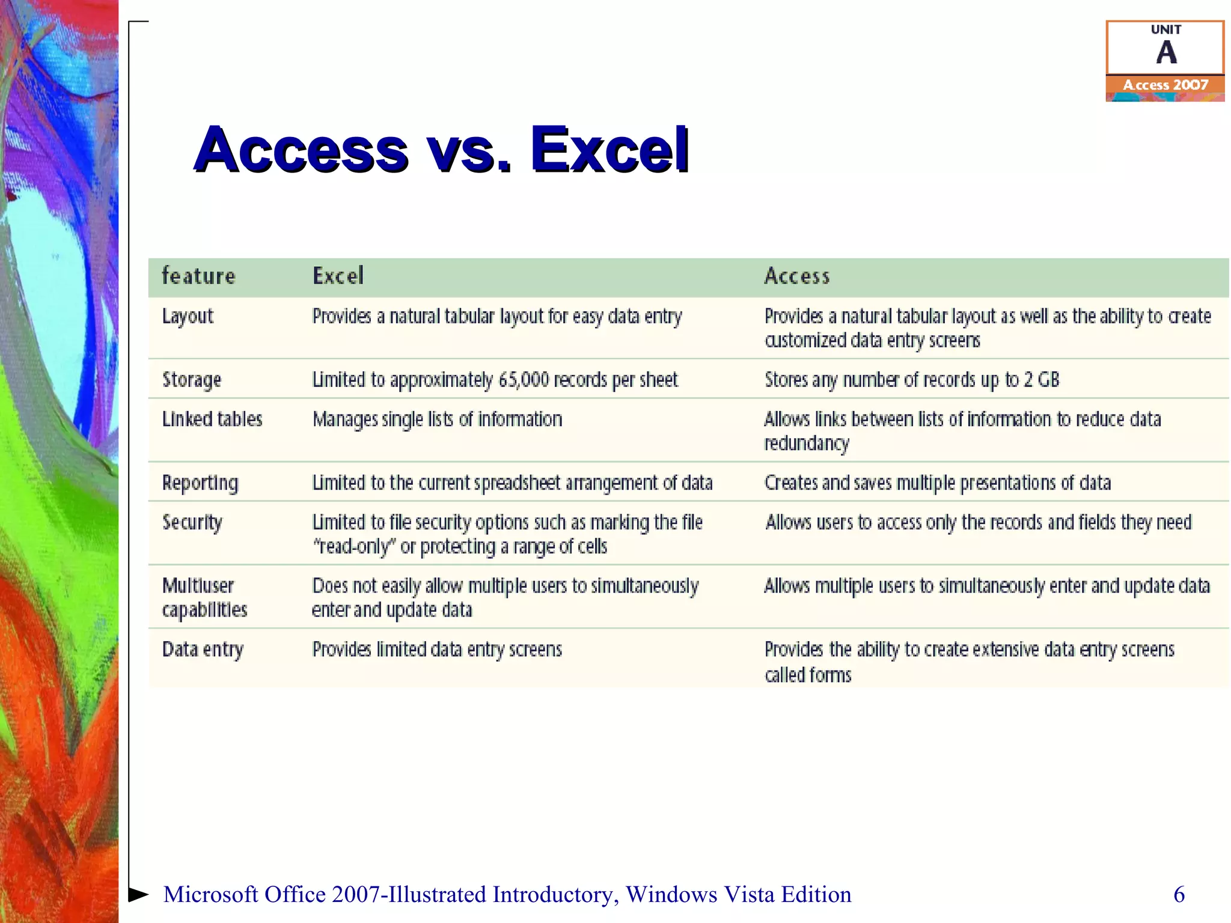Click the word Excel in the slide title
point(609,150)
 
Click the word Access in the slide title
point(301,150)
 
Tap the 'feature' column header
point(199,276)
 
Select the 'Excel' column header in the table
point(338,276)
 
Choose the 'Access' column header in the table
point(797,276)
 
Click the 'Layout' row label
point(188,317)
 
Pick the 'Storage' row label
point(192,380)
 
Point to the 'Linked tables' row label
point(212,419)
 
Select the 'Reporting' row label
point(200,483)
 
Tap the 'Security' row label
point(192,523)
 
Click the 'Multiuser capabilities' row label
point(204,598)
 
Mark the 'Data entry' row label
point(203,650)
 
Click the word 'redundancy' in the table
point(807,444)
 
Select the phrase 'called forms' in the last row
point(808,675)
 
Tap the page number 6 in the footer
point(1179,895)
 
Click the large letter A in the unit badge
point(1166,53)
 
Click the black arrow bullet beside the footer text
point(138,894)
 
